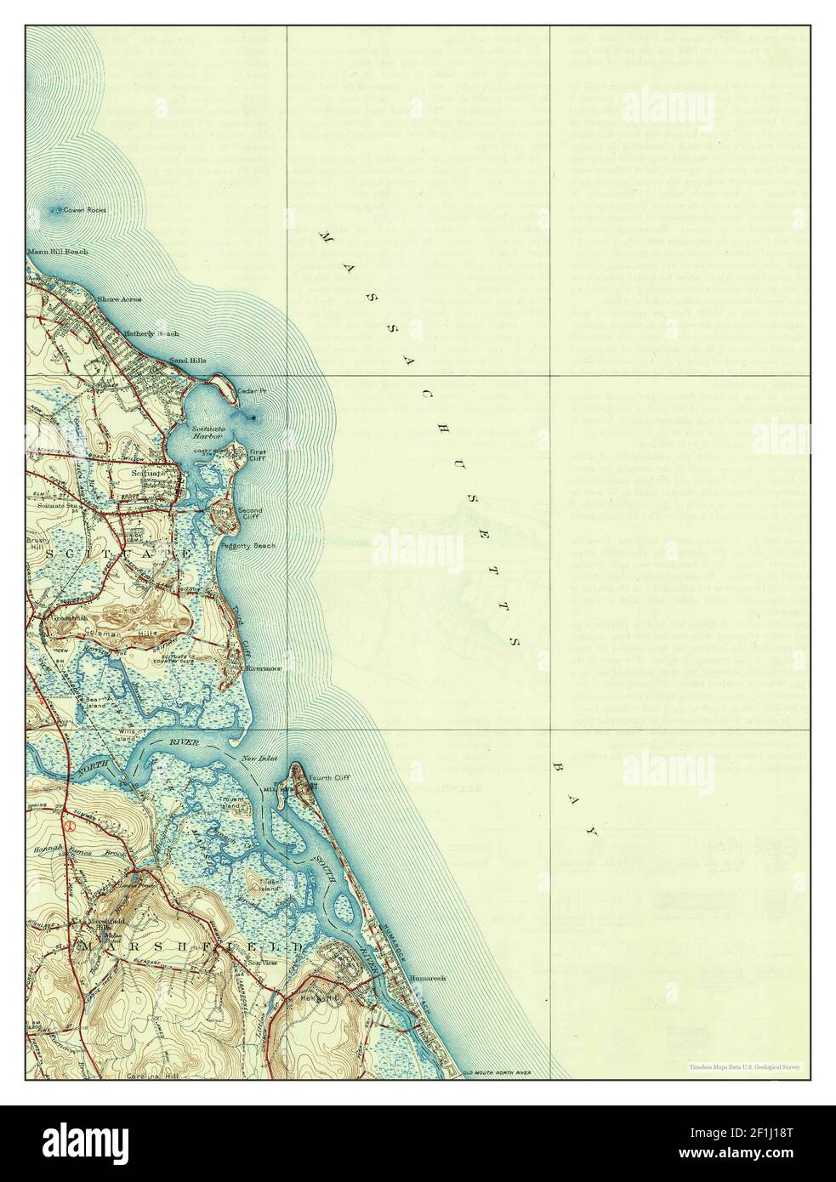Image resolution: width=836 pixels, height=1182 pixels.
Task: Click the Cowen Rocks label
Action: coord(86,210)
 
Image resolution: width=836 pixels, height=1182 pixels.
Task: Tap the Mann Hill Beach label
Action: coord(57,252)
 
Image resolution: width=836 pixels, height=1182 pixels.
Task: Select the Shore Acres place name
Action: coord(119,299)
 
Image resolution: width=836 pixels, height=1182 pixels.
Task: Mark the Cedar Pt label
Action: coord(252,391)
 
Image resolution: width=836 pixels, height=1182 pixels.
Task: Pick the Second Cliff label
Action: coord(249,513)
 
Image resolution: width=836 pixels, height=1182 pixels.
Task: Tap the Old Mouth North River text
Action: coord(496,1073)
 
